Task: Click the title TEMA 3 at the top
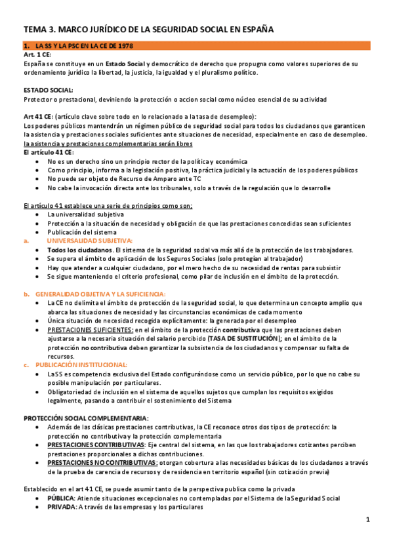(x=149, y=30)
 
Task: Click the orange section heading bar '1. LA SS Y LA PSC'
(x=197, y=47)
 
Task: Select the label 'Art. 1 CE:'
(x=37, y=55)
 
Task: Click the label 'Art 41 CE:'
(x=39, y=115)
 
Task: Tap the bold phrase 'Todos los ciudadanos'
(x=79, y=250)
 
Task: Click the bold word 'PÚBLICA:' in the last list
(x=61, y=498)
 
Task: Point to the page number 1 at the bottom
(x=368, y=520)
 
